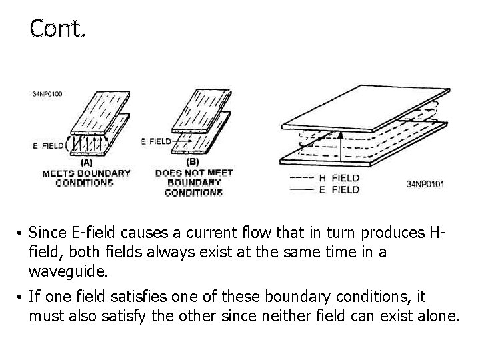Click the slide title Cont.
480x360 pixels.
[57, 29]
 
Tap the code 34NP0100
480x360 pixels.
[47, 94]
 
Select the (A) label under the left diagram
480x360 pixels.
[86, 161]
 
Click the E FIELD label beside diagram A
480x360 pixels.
[48, 145]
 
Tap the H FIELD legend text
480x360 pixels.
[339, 178]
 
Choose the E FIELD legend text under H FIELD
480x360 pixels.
[339, 189]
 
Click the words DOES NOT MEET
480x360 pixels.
[194, 173]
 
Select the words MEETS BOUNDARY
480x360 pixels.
[86, 173]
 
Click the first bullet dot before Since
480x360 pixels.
[21, 233]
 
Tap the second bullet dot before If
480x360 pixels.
[21, 297]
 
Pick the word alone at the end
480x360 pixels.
[439, 315]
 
